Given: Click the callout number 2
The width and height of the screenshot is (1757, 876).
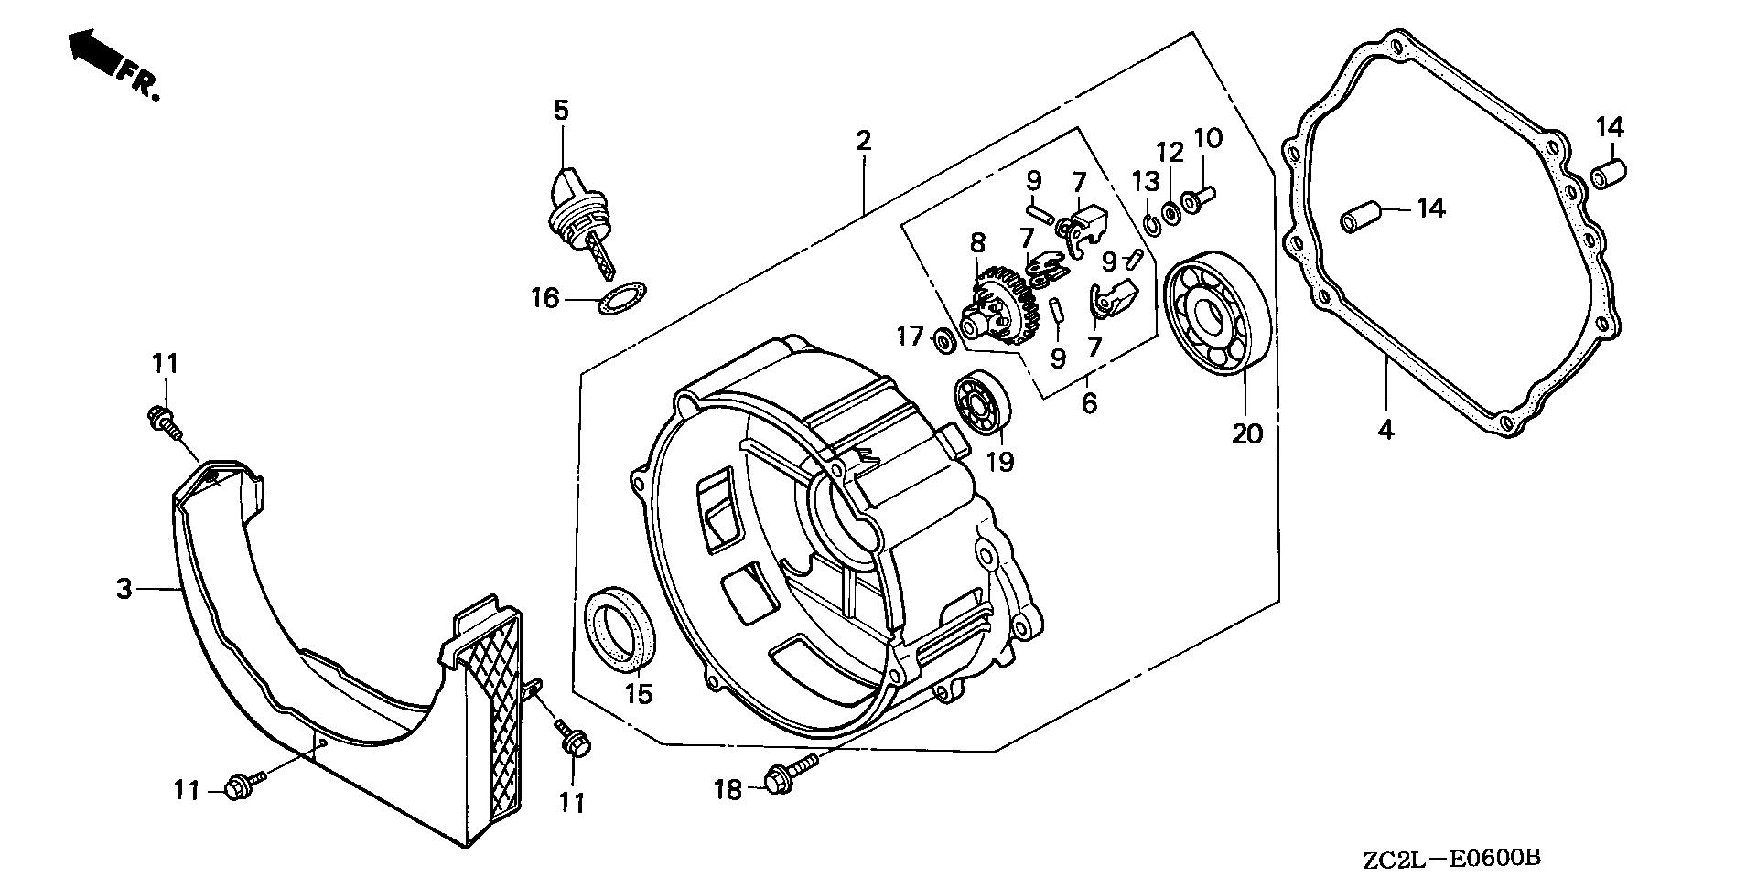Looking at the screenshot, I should pyautogui.click(x=863, y=141).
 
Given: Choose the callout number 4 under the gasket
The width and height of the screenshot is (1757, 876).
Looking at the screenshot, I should pyautogui.click(x=1385, y=430).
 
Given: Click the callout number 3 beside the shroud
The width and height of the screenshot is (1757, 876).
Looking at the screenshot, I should pyautogui.click(x=125, y=589).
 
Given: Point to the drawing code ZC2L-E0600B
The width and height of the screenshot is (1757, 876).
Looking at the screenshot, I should pyautogui.click(x=1451, y=859).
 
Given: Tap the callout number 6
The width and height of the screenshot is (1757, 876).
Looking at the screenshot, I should pyautogui.click(x=1088, y=402).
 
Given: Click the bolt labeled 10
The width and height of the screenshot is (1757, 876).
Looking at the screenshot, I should pyautogui.click(x=1195, y=201).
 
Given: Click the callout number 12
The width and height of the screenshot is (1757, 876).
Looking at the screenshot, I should pyautogui.click(x=1170, y=153).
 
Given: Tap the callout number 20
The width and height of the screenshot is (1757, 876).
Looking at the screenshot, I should pyautogui.click(x=1246, y=433).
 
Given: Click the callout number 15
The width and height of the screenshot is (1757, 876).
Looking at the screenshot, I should pyautogui.click(x=639, y=693).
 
